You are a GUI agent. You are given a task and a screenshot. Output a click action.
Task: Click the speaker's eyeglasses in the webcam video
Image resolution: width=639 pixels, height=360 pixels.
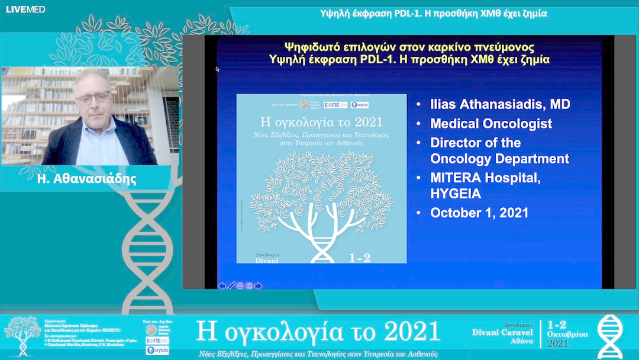pyautogui.click(x=93, y=98)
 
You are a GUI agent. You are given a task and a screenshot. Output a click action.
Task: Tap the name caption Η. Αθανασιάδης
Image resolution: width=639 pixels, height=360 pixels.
pyautogui.click(x=87, y=179)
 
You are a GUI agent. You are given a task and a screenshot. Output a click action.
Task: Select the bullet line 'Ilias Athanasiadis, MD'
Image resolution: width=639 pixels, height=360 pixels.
pyautogui.click(x=500, y=105)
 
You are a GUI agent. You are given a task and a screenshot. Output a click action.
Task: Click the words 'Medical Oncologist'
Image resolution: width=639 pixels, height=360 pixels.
pyautogui.click(x=491, y=124)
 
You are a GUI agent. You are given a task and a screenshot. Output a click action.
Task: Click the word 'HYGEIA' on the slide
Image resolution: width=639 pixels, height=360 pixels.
pyautogui.click(x=456, y=194)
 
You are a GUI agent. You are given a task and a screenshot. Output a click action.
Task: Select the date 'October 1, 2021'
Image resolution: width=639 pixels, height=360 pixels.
pyautogui.click(x=479, y=213)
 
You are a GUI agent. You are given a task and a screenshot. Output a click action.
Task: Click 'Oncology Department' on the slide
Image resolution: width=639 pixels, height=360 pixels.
pyautogui.click(x=499, y=159)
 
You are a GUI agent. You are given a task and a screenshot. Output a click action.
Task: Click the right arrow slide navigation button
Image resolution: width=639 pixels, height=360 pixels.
pyautogui.click(x=259, y=285)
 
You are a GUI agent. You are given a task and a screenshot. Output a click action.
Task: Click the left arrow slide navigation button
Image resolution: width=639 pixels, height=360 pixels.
pyautogui.click(x=222, y=285)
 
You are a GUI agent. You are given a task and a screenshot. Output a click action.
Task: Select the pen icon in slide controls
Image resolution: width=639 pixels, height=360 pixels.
pyautogui.click(x=231, y=285)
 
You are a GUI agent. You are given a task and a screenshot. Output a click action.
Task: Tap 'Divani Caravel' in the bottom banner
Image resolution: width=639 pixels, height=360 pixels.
pyautogui.click(x=502, y=332)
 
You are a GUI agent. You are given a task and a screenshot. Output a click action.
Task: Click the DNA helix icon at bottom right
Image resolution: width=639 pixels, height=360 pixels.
pyautogui.click(x=609, y=336)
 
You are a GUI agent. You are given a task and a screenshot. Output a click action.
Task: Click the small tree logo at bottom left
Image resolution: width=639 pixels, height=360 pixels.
pyautogui.click(x=22, y=335)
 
